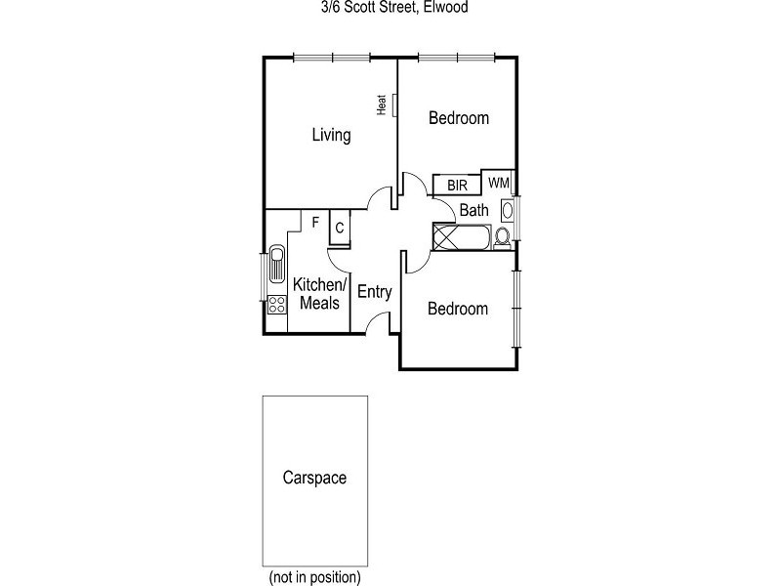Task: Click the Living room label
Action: click(331, 135)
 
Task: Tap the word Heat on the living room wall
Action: click(383, 105)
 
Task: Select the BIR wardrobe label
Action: click(457, 185)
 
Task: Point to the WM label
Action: click(498, 183)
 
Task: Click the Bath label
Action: click(474, 210)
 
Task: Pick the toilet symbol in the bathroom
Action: click(503, 235)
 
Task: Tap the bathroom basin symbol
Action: click(508, 210)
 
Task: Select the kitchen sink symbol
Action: click(276, 263)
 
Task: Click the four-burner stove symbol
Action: click(276, 305)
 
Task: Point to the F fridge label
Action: click(315, 222)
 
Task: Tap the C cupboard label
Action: click(339, 228)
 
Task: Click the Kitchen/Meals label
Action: click(320, 293)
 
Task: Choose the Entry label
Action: click(375, 291)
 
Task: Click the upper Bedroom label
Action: click(459, 118)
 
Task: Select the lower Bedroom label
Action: click(458, 309)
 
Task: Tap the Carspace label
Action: click(314, 479)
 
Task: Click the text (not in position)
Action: click(314, 576)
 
